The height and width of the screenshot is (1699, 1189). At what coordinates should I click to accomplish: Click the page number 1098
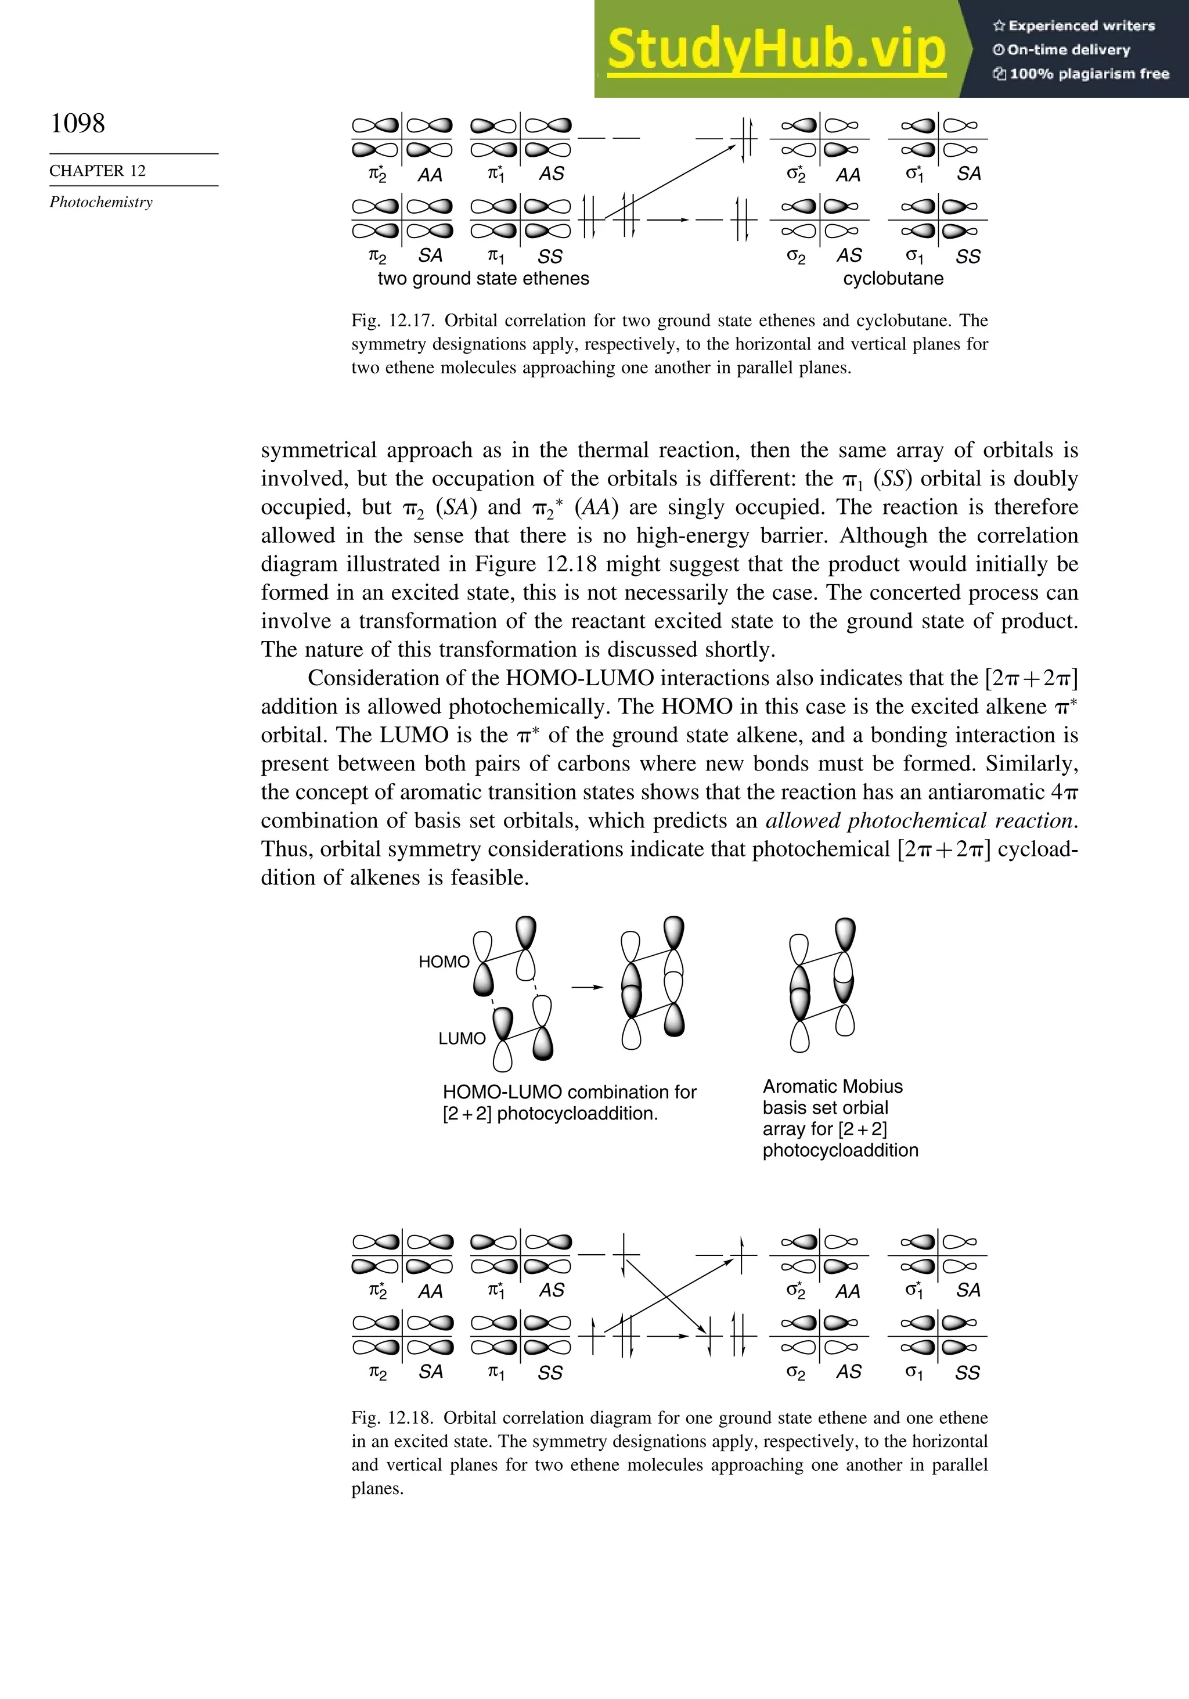tap(78, 123)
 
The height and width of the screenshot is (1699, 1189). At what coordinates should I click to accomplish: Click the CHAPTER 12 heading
tap(98, 171)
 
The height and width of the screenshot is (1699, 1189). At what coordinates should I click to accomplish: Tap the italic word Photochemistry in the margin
tap(102, 202)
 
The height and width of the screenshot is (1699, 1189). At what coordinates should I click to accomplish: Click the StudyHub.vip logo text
tap(776, 49)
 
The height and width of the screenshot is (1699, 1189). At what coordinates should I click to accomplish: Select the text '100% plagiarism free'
tap(1087, 74)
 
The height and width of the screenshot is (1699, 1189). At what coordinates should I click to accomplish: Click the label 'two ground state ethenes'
tap(483, 279)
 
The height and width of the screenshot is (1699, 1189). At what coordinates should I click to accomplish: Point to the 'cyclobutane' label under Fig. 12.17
tap(893, 279)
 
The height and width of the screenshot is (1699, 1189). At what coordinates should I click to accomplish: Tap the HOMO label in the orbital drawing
tap(444, 962)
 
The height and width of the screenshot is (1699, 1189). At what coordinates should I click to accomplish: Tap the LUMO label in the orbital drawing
tap(462, 1039)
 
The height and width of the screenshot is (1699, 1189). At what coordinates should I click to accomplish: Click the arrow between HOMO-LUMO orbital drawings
tap(587, 987)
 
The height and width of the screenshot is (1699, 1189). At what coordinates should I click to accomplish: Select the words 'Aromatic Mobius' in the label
tap(833, 1086)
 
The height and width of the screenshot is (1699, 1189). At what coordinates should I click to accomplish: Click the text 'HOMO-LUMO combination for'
tap(569, 1092)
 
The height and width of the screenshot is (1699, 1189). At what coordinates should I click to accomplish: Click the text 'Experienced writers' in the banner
tap(1080, 26)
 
